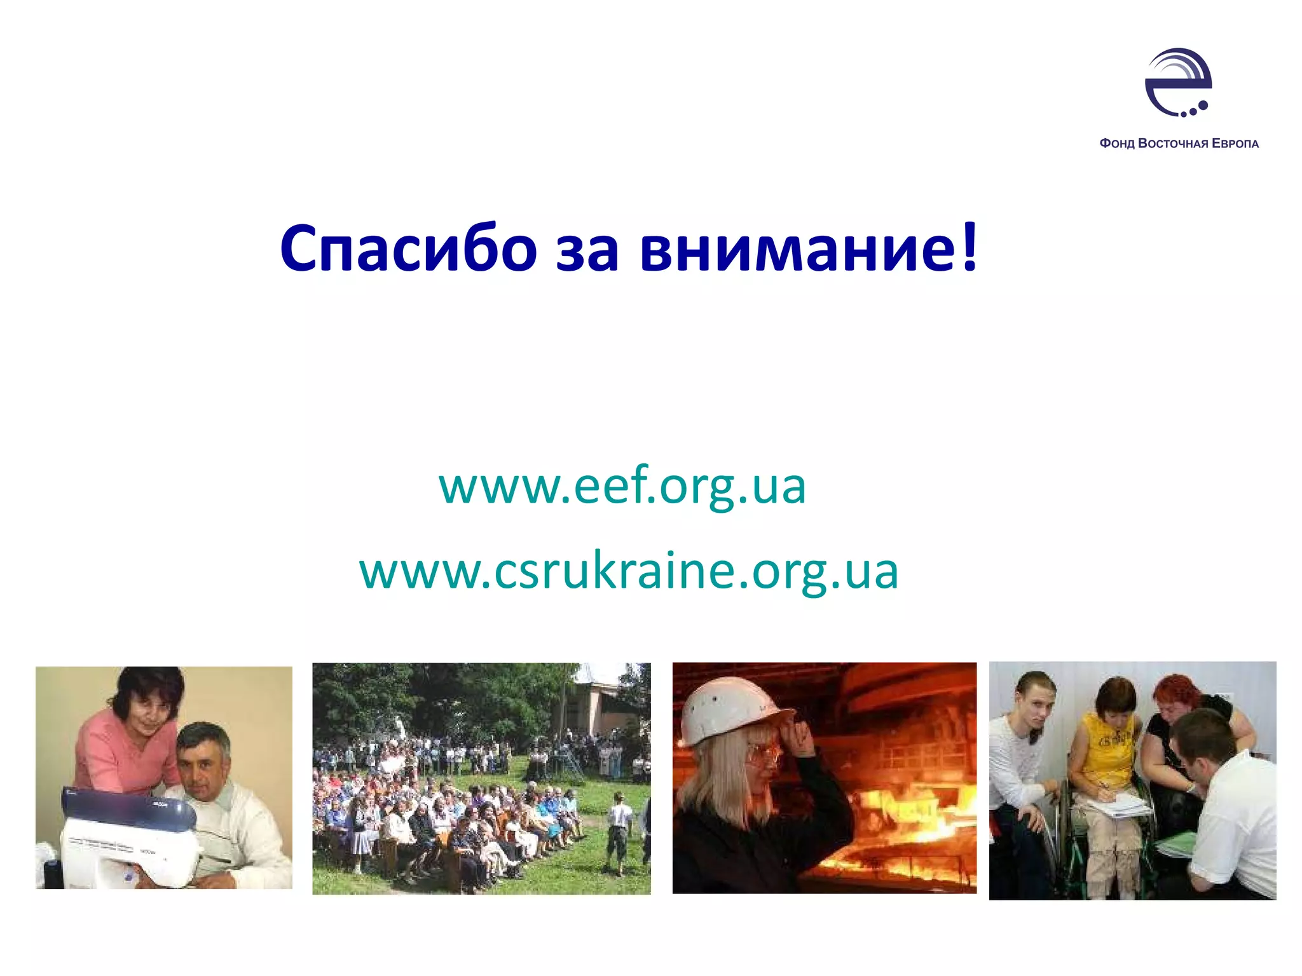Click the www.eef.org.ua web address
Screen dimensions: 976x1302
(x=622, y=485)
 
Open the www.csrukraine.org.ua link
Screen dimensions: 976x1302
(x=629, y=571)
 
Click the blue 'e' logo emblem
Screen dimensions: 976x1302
(x=1178, y=83)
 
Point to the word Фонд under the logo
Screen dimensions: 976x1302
(x=1116, y=144)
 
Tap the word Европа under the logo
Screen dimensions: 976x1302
(x=1235, y=144)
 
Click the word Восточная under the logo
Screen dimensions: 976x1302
(x=1174, y=144)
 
